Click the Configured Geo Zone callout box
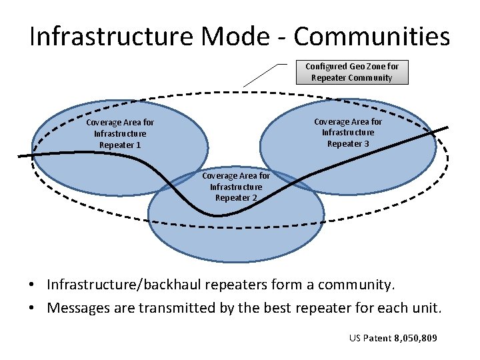351,72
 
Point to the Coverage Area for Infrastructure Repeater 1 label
120,133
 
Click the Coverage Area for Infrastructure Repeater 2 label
236,187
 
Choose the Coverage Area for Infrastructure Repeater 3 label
348,133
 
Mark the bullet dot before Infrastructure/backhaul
32,285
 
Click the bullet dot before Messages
32,309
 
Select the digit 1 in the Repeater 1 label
138,145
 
